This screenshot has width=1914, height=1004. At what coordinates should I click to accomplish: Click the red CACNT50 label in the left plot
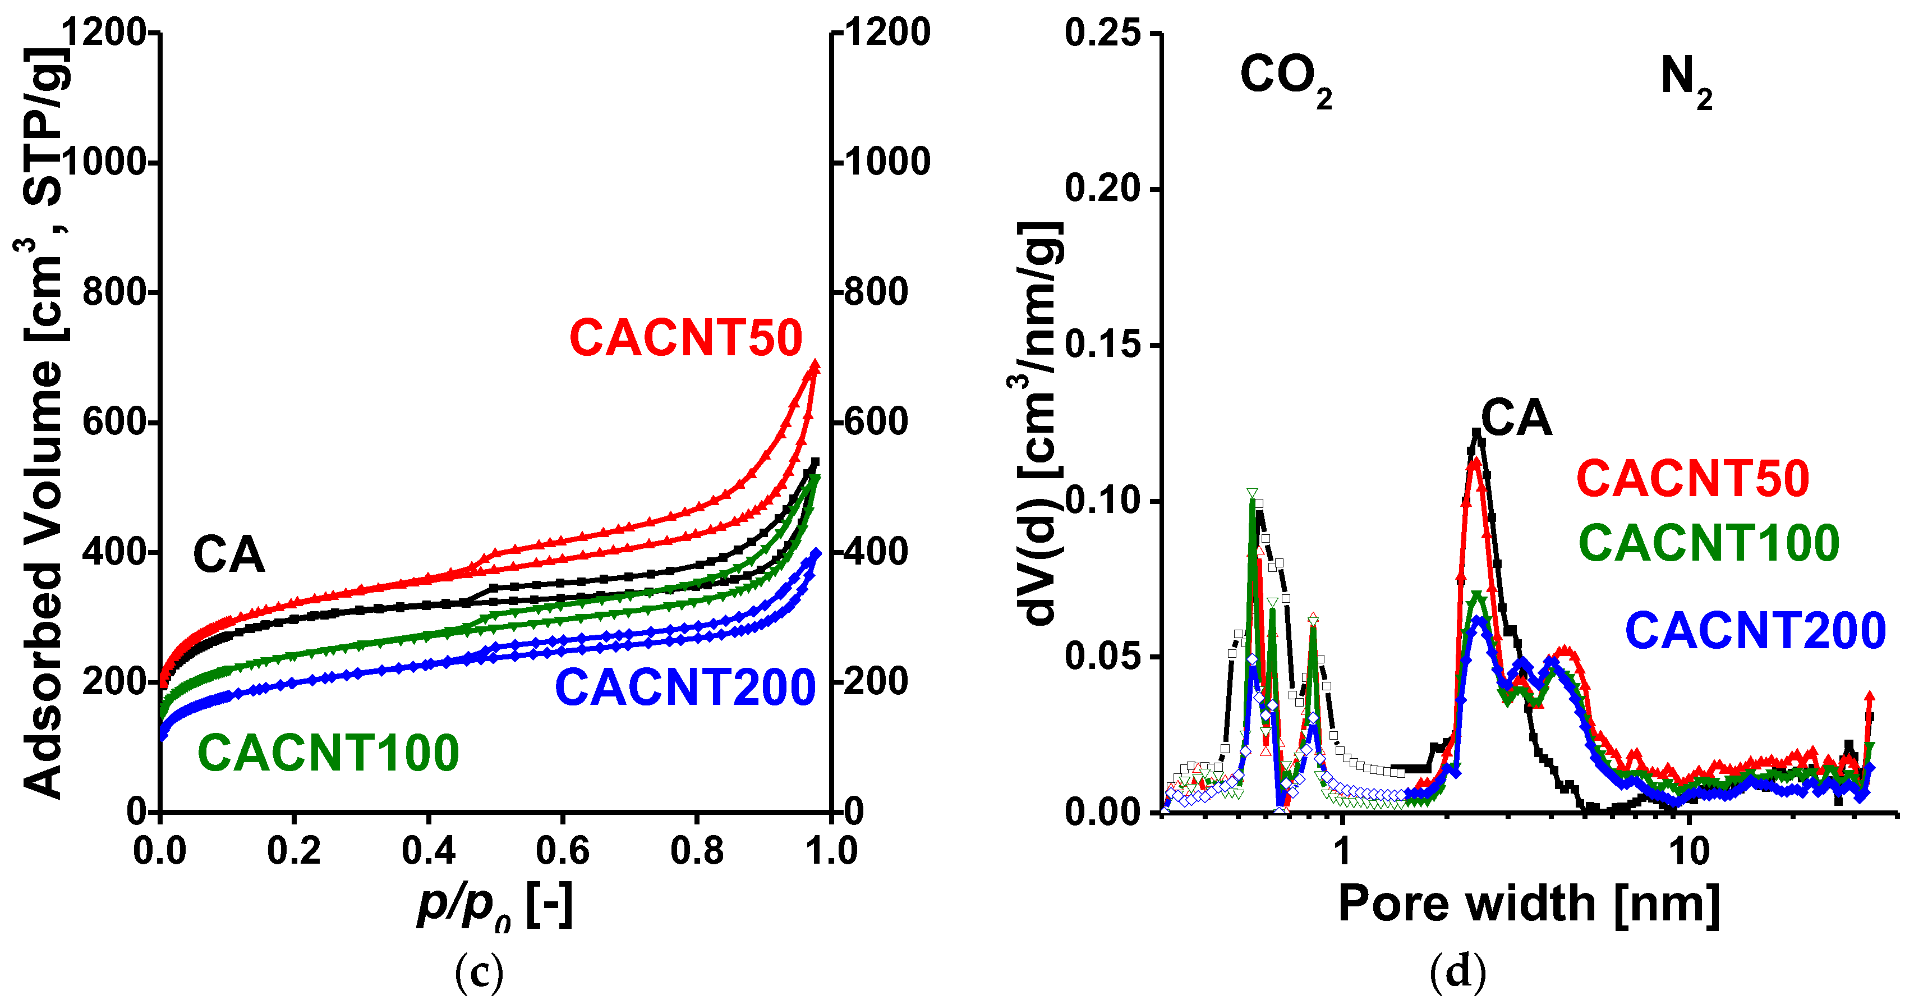pyautogui.click(x=685, y=338)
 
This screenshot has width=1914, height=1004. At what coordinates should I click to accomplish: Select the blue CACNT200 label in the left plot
pyautogui.click(x=685, y=687)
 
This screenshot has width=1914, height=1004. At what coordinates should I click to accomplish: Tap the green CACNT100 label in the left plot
pyautogui.click(x=328, y=753)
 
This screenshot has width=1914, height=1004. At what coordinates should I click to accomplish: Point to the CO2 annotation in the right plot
pyautogui.click(x=1285, y=78)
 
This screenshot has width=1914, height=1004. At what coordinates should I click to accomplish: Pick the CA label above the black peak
pyautogui.click(x=1516, y=419)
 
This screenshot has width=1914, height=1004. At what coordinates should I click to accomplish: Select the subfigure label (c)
pyautogui.click(x=478, y=971)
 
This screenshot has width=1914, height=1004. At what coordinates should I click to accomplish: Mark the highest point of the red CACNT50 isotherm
pyautogui.click(x=815, y=364)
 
